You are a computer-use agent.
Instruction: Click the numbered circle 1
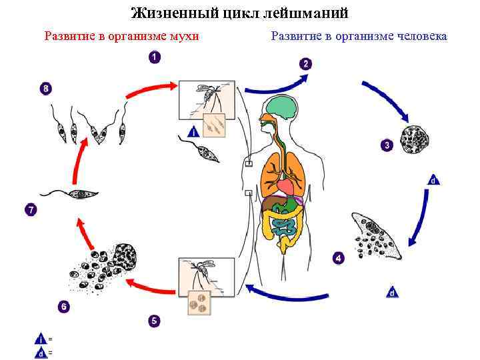pos(154,58)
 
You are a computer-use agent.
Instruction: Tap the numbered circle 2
pos(305,64)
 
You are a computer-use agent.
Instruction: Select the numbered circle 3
pos(386,145)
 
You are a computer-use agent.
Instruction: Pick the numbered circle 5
pos(154,321)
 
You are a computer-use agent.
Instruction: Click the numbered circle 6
pos(63,307)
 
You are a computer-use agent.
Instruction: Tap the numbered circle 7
pos(31,210)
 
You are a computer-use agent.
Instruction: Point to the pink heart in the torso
pos(285,187)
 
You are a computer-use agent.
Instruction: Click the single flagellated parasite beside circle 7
pos(70,193)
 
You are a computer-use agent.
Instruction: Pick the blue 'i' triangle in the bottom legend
pos(41,339)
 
